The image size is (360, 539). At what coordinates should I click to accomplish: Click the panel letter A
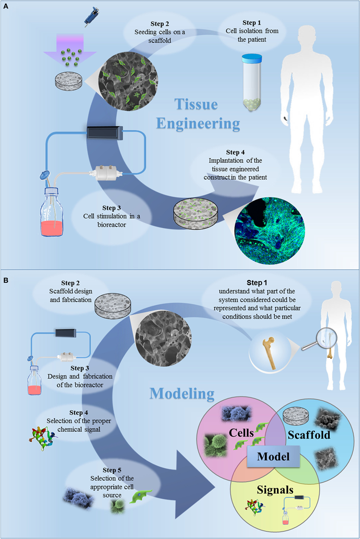click(x=5, y=6)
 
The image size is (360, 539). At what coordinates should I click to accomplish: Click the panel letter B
click(x=5, y=280)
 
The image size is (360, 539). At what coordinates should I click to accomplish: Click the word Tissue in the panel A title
click(x=196, y=104)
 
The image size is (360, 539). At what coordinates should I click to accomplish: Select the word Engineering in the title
click(x=198, y=124)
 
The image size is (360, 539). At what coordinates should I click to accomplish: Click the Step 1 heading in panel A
click(x=252, y=23)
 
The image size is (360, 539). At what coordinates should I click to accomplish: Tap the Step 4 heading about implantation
click(x=235, y=152)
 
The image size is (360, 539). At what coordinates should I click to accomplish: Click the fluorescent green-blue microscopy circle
click(x=269, y=230)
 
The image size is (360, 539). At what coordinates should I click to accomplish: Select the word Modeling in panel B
click(x=182, y=394)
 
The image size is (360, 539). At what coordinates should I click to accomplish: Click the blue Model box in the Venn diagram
click(x=273, y=457)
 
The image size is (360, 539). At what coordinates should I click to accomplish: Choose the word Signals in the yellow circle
click(x=275, y=490)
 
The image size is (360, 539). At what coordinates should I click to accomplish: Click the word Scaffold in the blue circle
click(x=309, y=435)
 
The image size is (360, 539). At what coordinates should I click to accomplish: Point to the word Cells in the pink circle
click(x=241, y=433)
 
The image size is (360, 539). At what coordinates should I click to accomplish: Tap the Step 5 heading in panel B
click(x=112, y=470)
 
